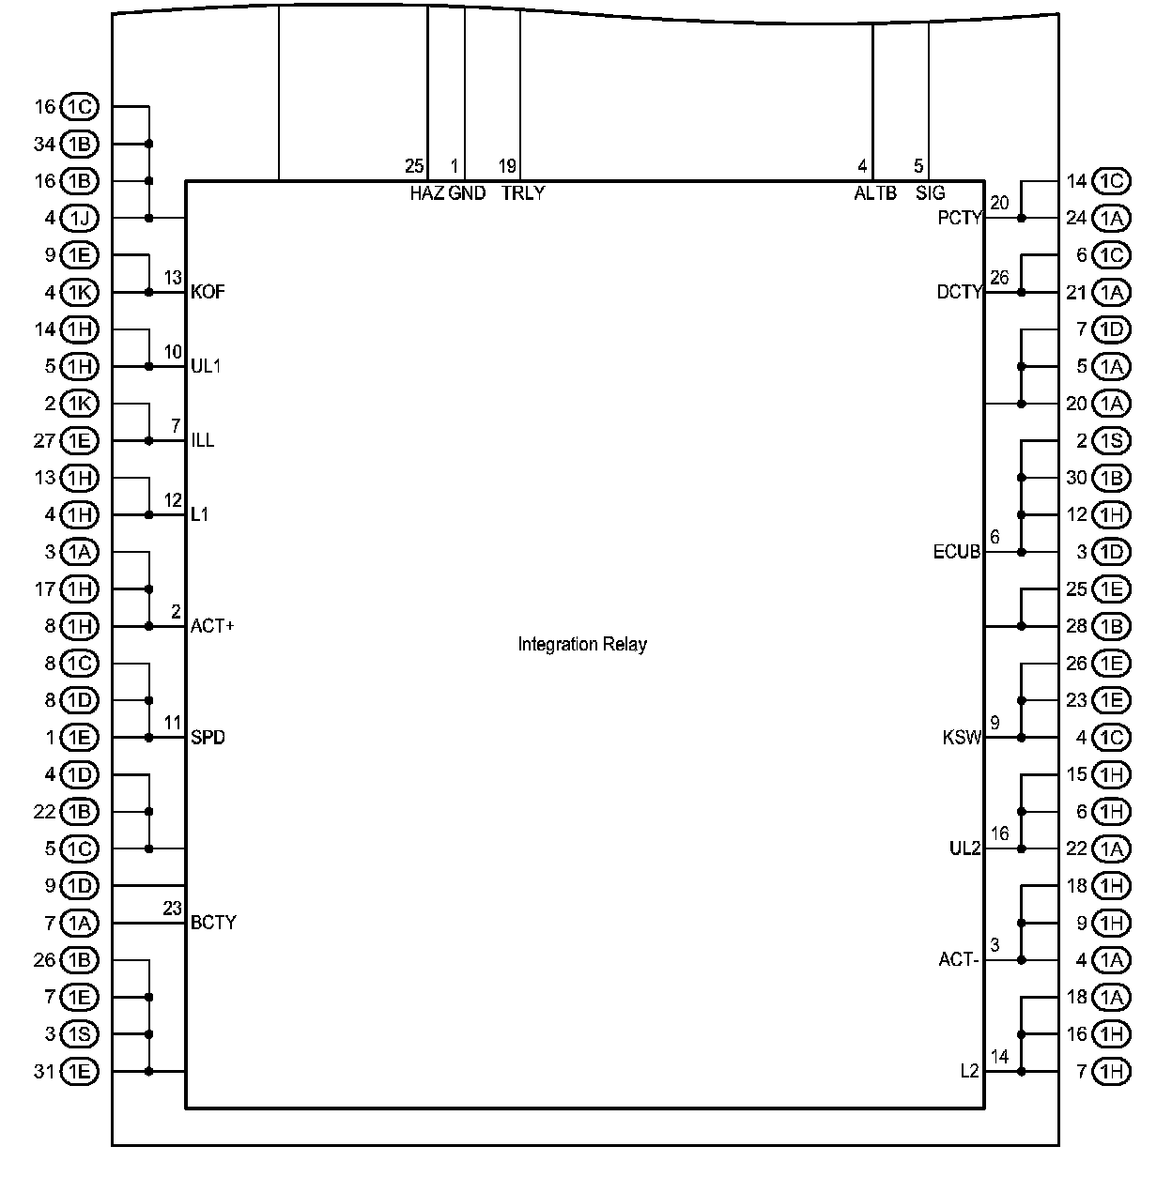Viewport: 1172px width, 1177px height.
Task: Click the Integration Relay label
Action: coord(582,645)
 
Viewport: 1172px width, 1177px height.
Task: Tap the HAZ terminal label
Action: coord(426,194)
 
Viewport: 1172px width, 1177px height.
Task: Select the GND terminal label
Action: coord(467,194)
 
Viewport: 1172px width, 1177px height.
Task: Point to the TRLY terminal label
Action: coord(522,194)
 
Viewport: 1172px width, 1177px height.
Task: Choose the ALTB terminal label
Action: coord(874,194)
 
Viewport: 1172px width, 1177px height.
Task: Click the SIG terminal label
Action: coord(930,194)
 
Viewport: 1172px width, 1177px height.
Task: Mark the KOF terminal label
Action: coord(208,292)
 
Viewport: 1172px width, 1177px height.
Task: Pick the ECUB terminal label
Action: coord(956,552)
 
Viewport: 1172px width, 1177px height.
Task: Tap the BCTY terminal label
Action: coord(213,923)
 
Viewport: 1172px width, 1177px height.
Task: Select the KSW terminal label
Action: coord(961,738)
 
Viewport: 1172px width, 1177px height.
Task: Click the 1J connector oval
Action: coord(80,218)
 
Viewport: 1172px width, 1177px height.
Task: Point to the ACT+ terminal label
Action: coord(212,626)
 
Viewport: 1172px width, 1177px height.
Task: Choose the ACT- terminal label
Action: coord(959,960)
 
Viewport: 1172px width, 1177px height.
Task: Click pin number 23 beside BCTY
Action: coord(172,909)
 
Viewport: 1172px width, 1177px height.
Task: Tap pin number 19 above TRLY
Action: coord(507,167)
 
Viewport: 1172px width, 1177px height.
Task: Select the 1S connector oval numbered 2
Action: coord(1112,440)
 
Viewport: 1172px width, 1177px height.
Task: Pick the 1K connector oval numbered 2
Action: coord(80,404)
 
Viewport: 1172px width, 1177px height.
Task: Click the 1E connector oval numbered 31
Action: coord(80,1071)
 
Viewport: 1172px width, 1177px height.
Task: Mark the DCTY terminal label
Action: coord(959,292)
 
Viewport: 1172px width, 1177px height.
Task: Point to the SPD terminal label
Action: coord(208,738)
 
